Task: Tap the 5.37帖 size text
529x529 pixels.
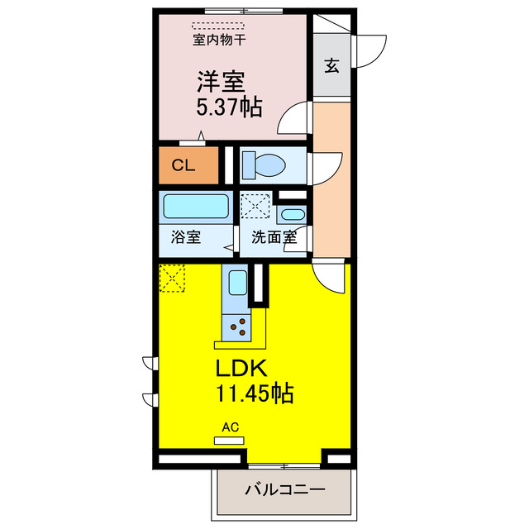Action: tap(229, 107)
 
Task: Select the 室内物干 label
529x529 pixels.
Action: tap(217, 39)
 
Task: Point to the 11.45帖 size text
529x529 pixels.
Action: tap(255, 394)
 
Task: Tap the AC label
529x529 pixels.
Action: tap(230, 427)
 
